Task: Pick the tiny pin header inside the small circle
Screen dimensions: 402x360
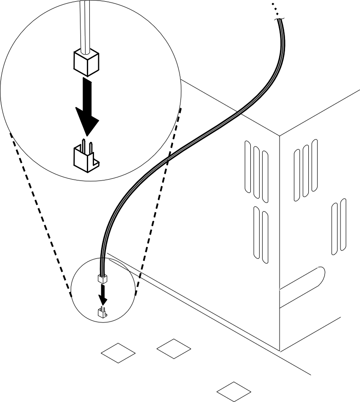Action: click(x=102, y=313)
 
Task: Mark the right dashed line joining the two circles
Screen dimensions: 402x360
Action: click(x=159, y=199)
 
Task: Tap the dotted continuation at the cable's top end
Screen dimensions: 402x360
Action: click(x=273, y=8)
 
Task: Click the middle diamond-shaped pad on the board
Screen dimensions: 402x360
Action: click(x=174, y=348)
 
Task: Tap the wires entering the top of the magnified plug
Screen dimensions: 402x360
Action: click(x=85, y=25)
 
